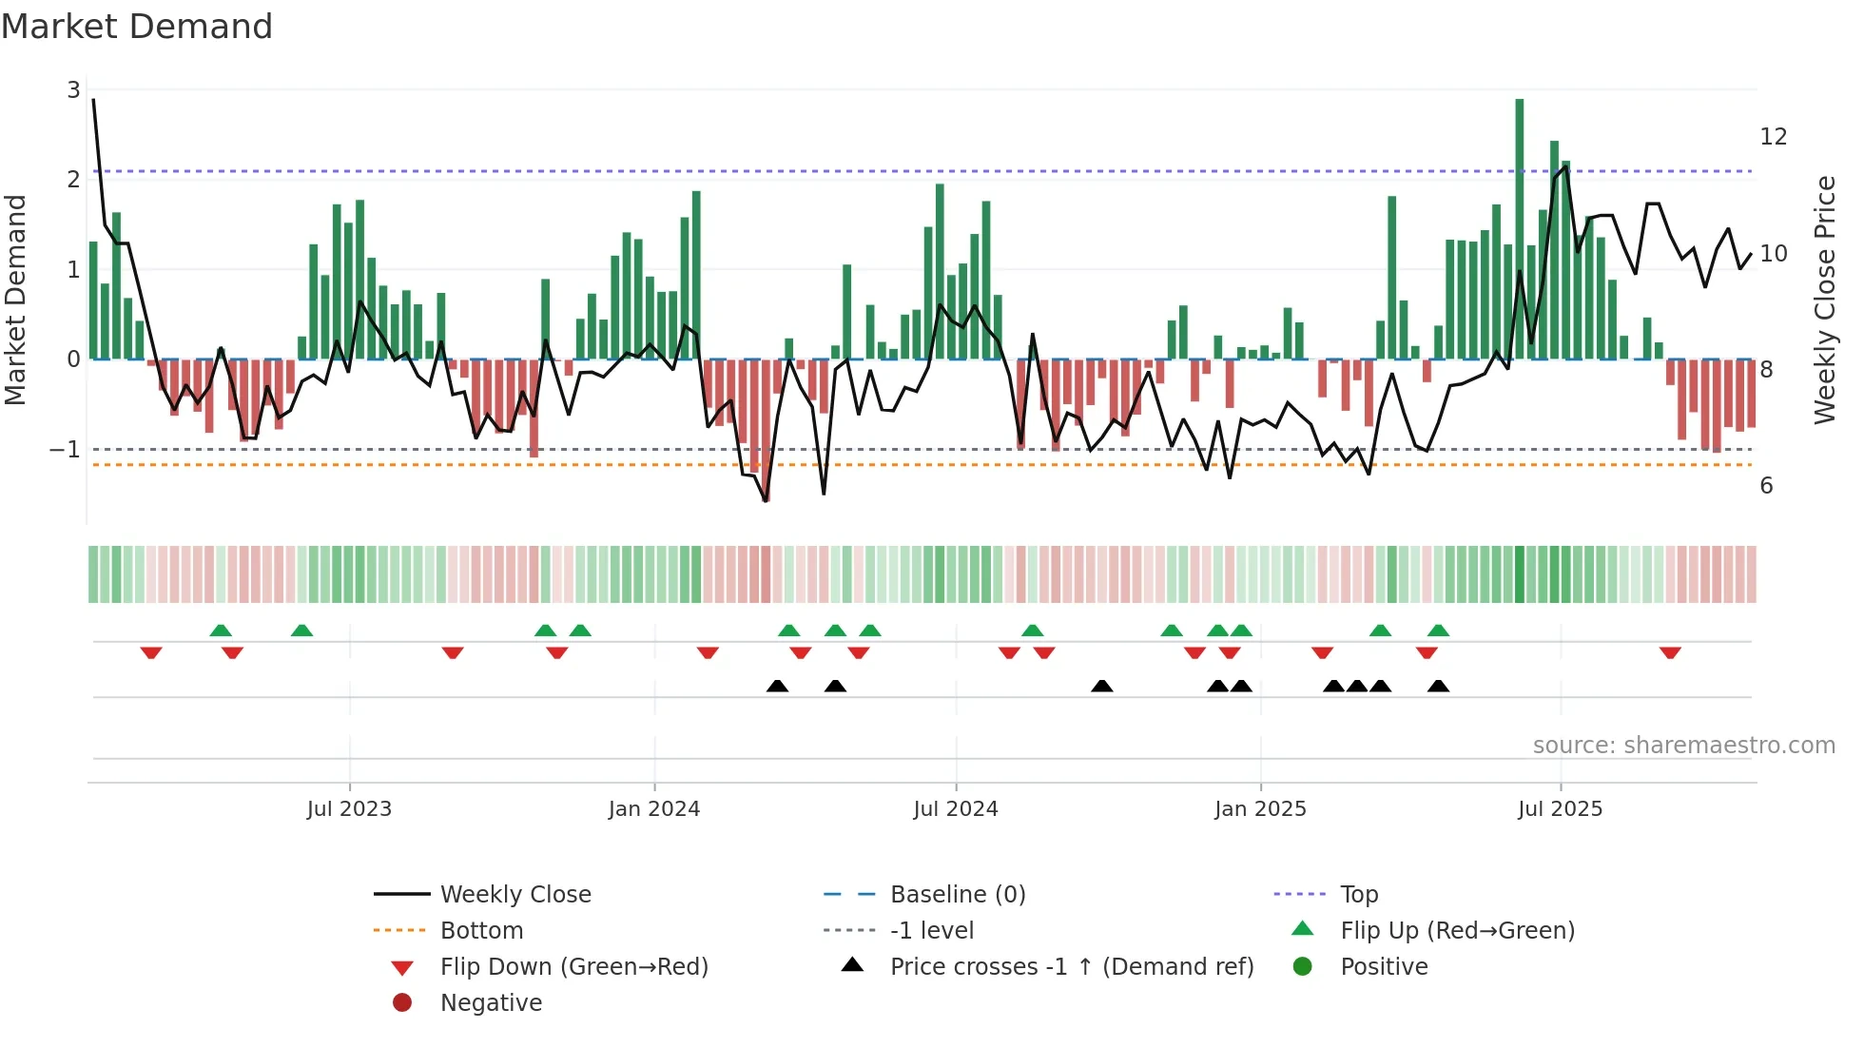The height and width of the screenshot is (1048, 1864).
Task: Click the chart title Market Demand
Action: coord(137,27)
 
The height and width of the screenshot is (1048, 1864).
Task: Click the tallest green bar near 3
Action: coord(1519,228)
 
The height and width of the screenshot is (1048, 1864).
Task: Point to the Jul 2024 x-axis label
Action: coord(955,809)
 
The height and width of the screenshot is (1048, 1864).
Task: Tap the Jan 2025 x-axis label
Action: coord(1259,809)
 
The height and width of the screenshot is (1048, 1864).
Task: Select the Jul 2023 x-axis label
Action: coord(349,809)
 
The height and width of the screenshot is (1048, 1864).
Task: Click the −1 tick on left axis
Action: coord(65,449)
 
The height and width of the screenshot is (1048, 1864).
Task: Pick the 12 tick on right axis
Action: coord(1773,137)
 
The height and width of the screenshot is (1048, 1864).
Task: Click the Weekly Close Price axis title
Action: coord(1824,300)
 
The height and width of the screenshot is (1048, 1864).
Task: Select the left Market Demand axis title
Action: coord(15,300)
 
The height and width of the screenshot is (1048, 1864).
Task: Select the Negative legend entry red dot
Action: coord(402,1003)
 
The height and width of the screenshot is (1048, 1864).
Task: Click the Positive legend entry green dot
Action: coord(1303,967)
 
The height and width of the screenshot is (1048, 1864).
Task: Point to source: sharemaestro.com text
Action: coord(1683,746)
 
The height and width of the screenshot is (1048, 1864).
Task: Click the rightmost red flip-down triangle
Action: coord(1670,652)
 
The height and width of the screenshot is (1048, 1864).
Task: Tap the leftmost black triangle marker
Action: coord(777,686)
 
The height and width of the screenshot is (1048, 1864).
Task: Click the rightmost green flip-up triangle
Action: coord(1438,631)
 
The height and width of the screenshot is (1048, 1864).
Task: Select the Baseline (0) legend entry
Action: coord(957,895)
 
